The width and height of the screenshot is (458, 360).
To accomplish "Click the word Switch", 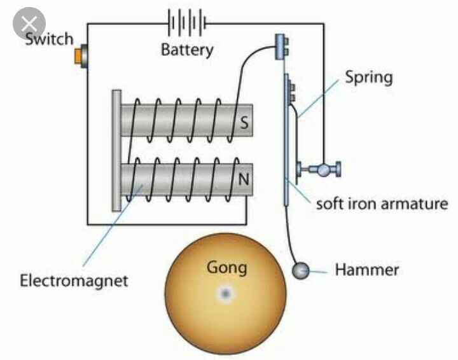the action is pyautogui.click(x=49, y=39).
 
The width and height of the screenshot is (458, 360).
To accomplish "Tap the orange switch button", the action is pyautogui.click(x=78, y=56).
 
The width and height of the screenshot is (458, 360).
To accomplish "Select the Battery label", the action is pyautogui.click(x=187, y=50).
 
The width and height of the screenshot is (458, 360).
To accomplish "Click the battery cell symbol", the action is pyautogui.click(x=187, y=22).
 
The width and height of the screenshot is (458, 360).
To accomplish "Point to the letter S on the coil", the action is pyautogui.click(x=244, y=122).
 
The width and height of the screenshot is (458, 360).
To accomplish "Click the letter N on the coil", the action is pyautogui.click(x=244, y=179).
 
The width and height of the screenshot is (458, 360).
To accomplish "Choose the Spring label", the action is pyautogui.click(x=369, y=78).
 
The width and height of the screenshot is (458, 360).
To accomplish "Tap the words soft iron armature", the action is pyautogui.click(x=382, y=204).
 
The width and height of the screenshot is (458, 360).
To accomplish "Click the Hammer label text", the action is pyautogui.click(x=367, y=270).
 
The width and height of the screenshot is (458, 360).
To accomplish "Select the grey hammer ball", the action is pyautogui.click(x=300, y=270).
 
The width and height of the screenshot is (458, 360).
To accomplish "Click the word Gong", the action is pyautogui.click(x=226, y=267).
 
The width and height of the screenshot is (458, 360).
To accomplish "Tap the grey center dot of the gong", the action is pyautogui.click(x=225, y=293).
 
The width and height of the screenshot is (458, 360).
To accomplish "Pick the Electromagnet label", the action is pyautogui.click(x=74, y=280).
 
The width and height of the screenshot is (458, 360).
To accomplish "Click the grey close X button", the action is pyautogui.click(x=29, y=24).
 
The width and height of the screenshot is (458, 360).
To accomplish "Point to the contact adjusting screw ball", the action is pyautogui.click(x=323, y=170).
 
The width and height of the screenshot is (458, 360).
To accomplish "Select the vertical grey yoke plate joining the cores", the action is pyautogui.click(x=116, y=150).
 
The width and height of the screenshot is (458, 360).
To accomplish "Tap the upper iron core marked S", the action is pyautogui.click(x=187, y=120).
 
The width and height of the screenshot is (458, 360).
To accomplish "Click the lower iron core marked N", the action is pyautogui.click(x=187, y=179).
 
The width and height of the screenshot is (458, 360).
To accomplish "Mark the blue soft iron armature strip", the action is pyautogui.click(x=286, y=140).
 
